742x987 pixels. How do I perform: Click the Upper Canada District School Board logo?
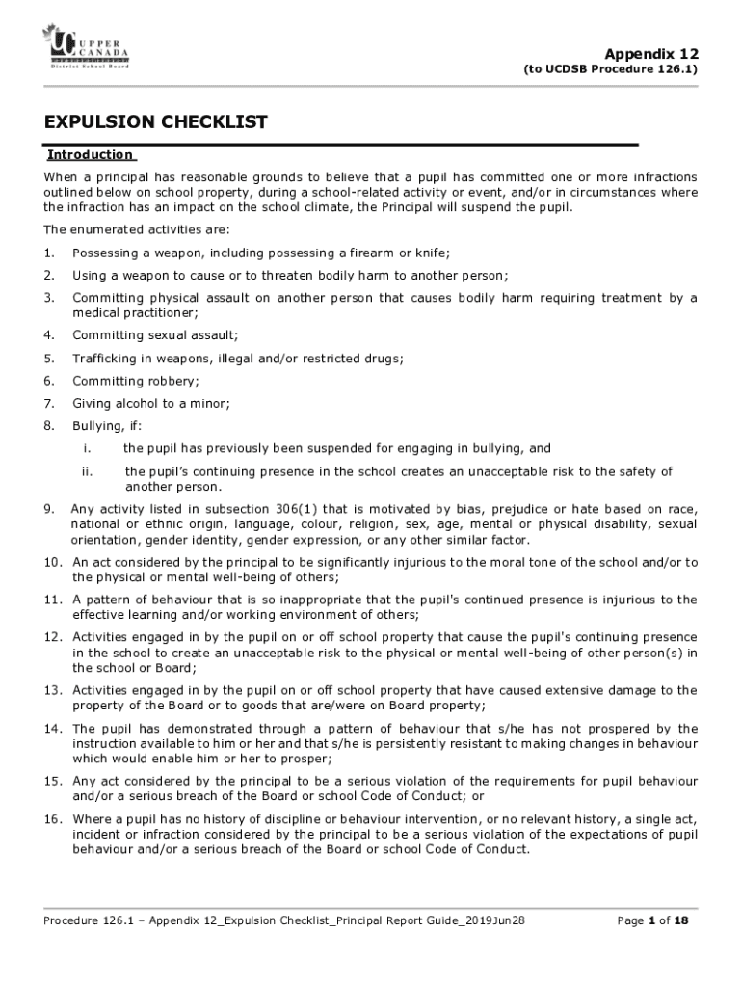85,47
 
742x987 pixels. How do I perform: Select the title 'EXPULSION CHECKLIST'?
155,122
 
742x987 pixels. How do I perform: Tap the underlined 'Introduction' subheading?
91,154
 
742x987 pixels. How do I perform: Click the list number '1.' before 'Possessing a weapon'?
48,253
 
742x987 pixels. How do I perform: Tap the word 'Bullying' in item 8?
97,425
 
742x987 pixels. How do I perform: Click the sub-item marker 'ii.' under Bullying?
86,471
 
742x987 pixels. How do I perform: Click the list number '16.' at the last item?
52,819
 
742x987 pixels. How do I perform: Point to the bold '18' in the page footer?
680,920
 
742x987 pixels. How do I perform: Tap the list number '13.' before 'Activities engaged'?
52,690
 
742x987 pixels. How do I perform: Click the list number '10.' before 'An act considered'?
52,562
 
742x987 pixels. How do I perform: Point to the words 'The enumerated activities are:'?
137,229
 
